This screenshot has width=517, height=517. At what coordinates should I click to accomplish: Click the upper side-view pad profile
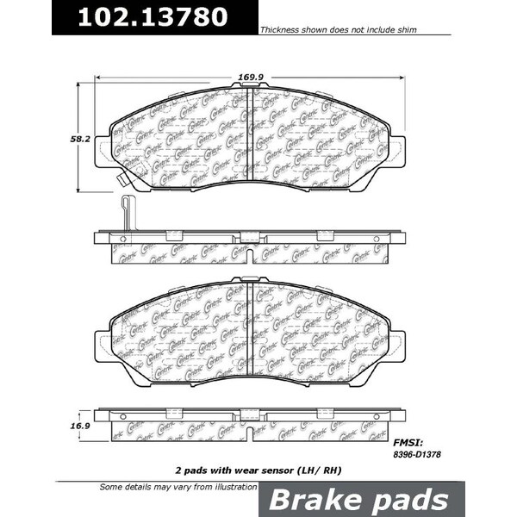click(x=249, y=246)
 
